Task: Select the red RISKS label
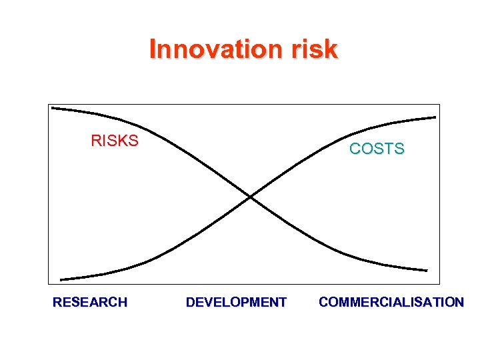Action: [x=115, y=141]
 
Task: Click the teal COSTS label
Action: [x=377, y=149]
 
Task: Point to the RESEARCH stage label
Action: [x=90, y=303]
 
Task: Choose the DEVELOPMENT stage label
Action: [x=236, y=303]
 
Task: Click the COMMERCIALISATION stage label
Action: [x=391, y=303]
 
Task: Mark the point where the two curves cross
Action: [x=250, y=197]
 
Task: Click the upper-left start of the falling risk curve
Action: [x=53, y=107]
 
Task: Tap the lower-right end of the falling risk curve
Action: [x=426, y=270]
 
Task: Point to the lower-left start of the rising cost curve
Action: [x=61, y=279]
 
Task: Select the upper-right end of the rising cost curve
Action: [x=435, y=117]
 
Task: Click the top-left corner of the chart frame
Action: [x=49, y=104]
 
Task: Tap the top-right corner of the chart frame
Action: [x=441, y=104]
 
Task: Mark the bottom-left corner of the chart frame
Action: [x=49, y=285]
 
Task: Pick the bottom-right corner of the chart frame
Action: [x=441, y=285]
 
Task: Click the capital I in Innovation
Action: [x=153, y=49]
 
